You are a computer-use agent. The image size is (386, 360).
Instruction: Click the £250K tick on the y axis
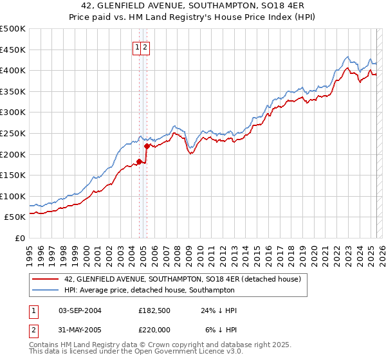(x=13, y=133)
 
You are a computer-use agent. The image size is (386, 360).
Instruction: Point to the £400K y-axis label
(x=13, y=70)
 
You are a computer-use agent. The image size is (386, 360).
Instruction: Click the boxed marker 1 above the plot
(x=138, y=47)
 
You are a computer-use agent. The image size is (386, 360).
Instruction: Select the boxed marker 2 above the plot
(x=145, y=47)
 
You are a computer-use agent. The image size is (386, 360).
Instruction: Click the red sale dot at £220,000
(x=147, y=146)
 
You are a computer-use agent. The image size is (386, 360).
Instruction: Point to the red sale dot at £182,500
(x=139, y=161)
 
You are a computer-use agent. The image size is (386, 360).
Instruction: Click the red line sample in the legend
(x=46, y=279)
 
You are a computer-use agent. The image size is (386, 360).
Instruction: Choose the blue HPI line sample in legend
(x=46, y=291)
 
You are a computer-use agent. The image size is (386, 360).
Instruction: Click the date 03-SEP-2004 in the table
(x=80, y=310)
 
